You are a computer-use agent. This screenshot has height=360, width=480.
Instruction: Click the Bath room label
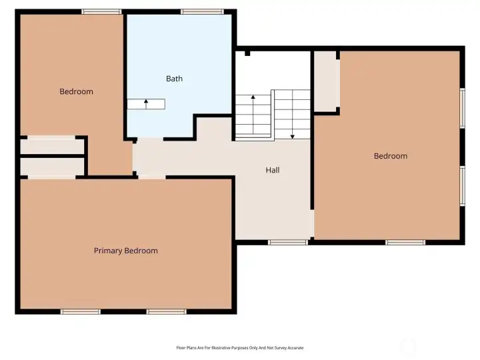click(174, 79)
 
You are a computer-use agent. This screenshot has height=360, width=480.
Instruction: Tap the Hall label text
click(272, 170)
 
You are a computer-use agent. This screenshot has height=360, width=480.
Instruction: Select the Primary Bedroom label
click(125, 251)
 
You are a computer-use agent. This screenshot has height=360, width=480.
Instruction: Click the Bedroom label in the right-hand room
click(390, 156)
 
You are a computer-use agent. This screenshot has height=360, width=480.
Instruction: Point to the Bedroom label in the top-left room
click(76, 91)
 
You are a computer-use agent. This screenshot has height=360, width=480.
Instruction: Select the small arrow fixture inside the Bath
click(146, 104)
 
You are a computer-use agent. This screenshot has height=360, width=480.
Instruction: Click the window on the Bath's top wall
click(202, 11)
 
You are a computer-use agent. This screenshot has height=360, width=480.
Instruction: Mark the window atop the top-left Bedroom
click(101, 11)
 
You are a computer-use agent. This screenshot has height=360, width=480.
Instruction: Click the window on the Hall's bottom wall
click(287, 242)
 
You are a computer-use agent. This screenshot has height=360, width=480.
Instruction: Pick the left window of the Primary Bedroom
click(80, 311)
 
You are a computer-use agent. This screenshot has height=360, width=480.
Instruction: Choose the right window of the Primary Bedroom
click(166, 311)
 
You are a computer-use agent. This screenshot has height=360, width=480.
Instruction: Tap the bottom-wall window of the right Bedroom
click(405, 242)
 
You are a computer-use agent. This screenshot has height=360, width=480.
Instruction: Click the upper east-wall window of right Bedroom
click(462, 108)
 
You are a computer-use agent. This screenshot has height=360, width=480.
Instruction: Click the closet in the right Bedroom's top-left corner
click(326, 82)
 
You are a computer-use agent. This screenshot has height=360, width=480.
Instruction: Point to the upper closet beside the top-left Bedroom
click(52, 146)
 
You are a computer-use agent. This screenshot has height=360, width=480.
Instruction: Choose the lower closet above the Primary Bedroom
click(52, 166)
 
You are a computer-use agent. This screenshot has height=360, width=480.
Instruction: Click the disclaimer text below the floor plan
click(239, 347)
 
